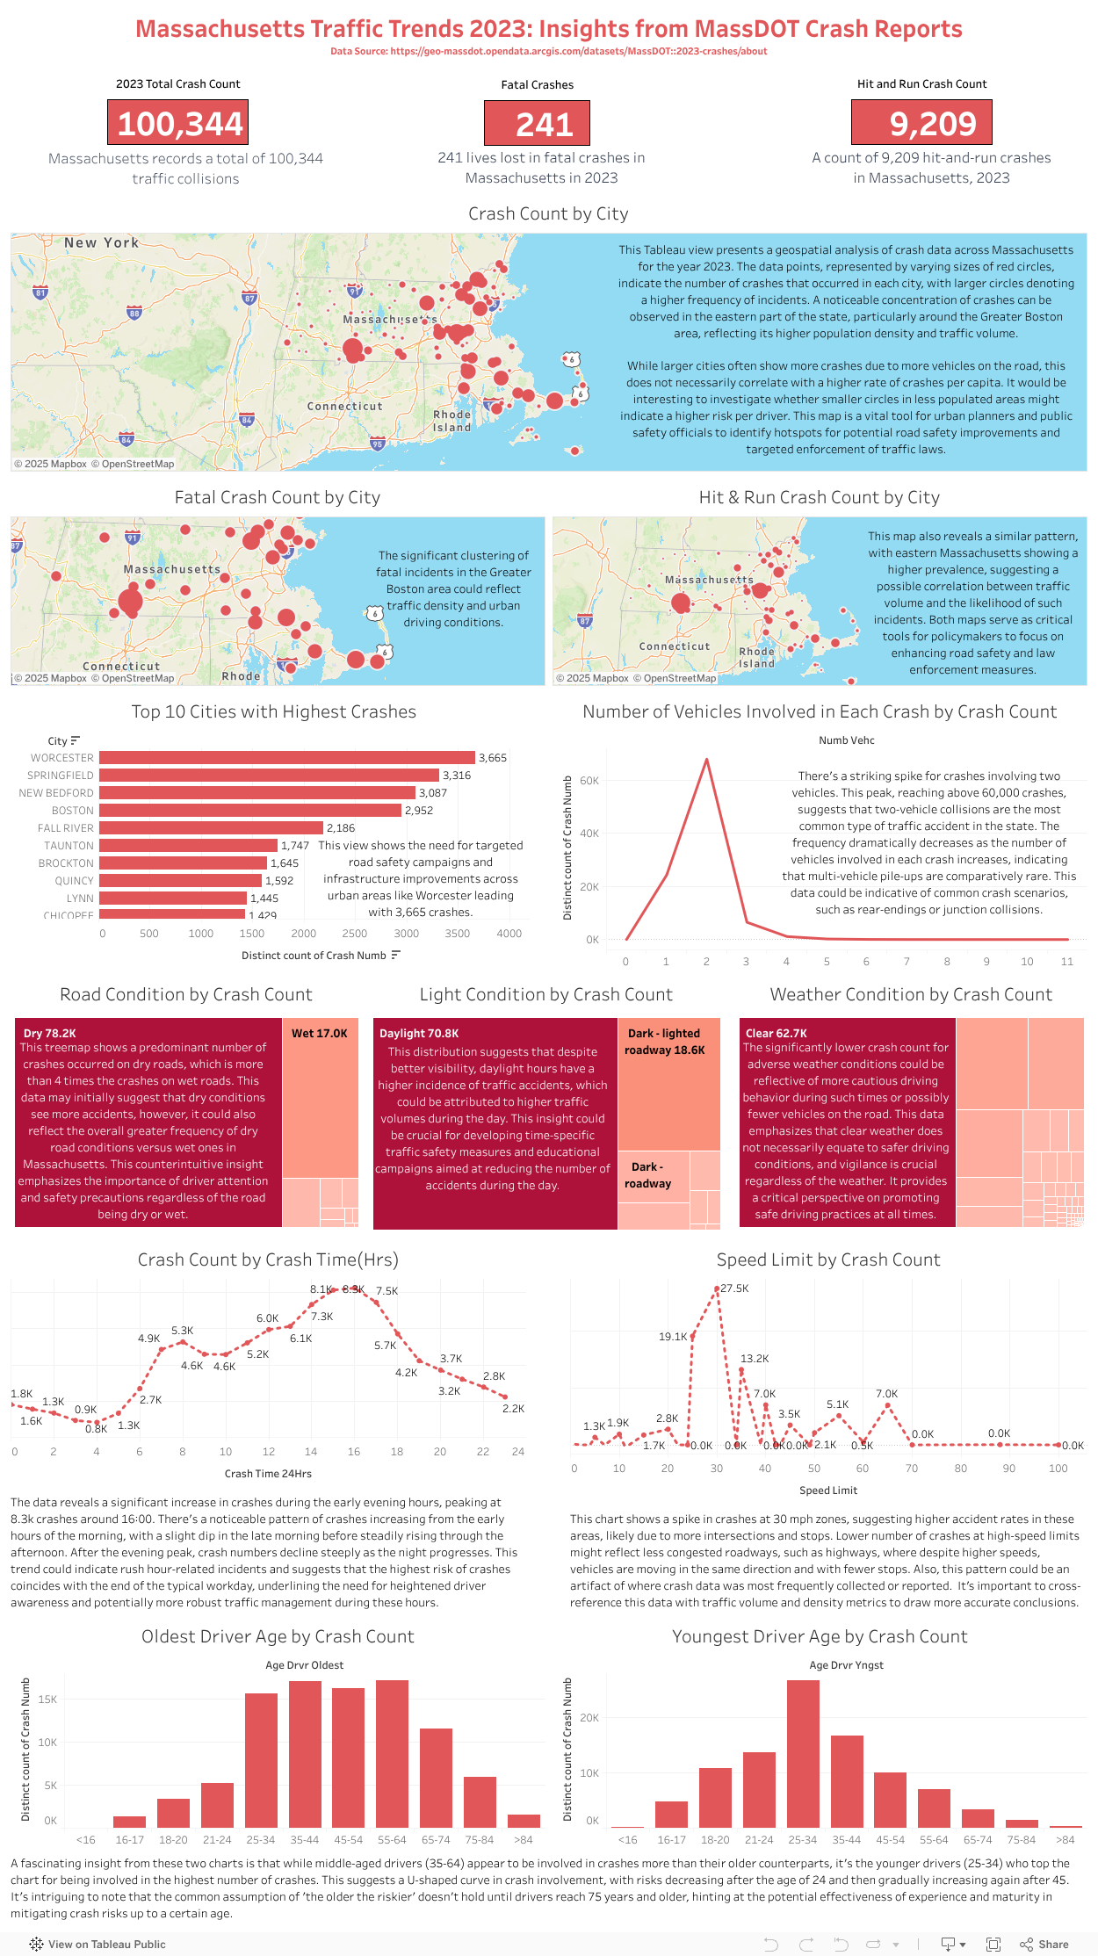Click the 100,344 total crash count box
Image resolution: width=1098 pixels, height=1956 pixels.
(x=178, y=123)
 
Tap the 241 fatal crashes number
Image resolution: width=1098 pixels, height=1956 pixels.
(x=537, y=124)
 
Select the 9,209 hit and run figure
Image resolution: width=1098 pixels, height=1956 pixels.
(x=921, y=123)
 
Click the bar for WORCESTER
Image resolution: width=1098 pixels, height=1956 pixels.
(x=286, y=757)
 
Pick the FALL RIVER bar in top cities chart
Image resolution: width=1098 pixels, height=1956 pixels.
(x=211, y=827)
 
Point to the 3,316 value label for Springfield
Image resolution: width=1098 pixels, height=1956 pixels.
(x=457, y=776)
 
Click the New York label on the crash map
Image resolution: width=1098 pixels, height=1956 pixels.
(x=102, y=242)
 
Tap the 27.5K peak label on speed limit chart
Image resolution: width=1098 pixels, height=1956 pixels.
(x=734, y=1288)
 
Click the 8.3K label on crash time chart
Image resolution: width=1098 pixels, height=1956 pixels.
(x=353, y=1289)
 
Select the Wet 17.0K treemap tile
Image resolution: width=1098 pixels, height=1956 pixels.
(x=320, y=1098)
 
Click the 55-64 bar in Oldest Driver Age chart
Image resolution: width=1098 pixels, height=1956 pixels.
(x=392, y=1753)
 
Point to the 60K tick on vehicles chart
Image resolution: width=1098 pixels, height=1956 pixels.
(x=589, y=780)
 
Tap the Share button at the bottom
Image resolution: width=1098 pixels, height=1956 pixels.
(x=1044, y=1944)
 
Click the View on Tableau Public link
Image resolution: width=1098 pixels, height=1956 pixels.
(x=98, y=1944)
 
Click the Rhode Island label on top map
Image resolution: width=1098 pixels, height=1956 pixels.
(x=451, y=421)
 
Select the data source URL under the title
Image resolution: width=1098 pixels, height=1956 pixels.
(x=548, y=51)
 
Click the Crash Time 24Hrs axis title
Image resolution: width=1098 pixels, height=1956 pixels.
(x=268, y=1474)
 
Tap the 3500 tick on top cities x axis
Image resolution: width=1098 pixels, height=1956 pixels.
(x=457, y=934)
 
